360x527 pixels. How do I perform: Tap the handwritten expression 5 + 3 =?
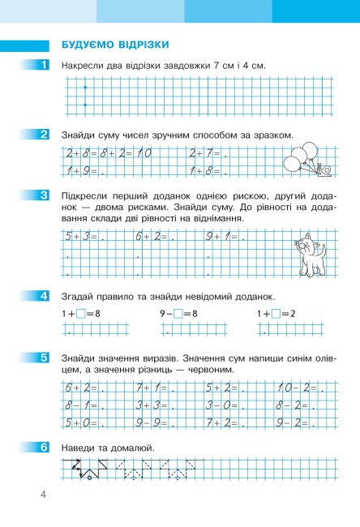tap(83, 237)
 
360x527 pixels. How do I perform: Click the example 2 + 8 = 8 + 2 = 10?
tap(108, 153)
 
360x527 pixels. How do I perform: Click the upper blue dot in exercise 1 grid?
tap(84, 88)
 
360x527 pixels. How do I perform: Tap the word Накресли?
tap(85, 65)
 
